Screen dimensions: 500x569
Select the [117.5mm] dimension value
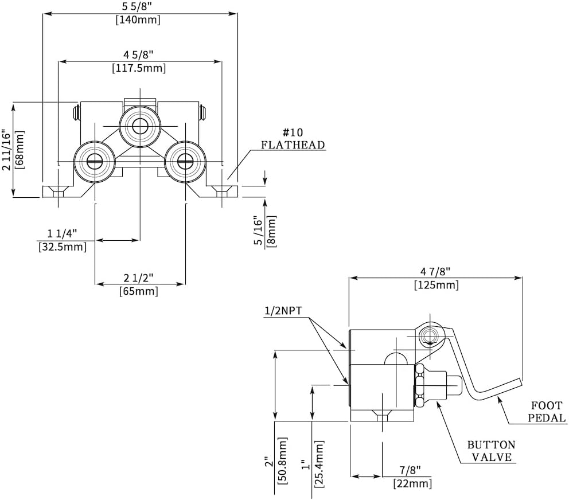pos(141,68)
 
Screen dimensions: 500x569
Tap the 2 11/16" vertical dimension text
pos(6,151)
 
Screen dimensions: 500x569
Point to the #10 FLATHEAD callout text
pos(293,138)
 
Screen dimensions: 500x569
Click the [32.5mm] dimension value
pos(63,247)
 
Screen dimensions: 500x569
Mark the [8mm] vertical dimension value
pos(271,232)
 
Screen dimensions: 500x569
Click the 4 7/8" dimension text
pos(436,271)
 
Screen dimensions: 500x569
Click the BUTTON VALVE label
pos(490,451)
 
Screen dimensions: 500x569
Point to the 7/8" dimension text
pos(411,471)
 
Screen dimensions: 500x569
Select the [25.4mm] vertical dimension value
pos(319,463)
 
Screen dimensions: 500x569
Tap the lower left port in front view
pos(95,162)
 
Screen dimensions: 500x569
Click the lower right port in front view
pos(185,162)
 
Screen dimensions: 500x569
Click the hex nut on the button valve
pos(419,385)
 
